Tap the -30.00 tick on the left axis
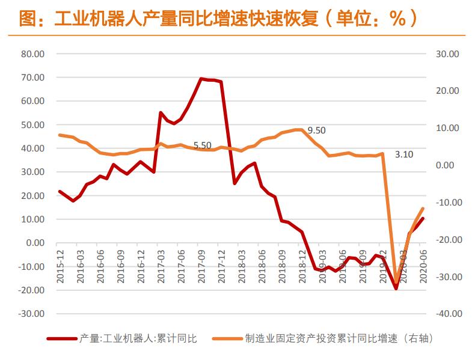coord(32,314)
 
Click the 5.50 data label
coord(202,145)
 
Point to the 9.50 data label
coord(316,130)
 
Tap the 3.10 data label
coord(404,154)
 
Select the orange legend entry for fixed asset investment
coord(322,339)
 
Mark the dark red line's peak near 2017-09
coord(201,79)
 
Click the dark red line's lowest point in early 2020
coord(396,288)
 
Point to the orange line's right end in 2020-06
coord(423,209)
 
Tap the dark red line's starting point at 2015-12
coord(60,191)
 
